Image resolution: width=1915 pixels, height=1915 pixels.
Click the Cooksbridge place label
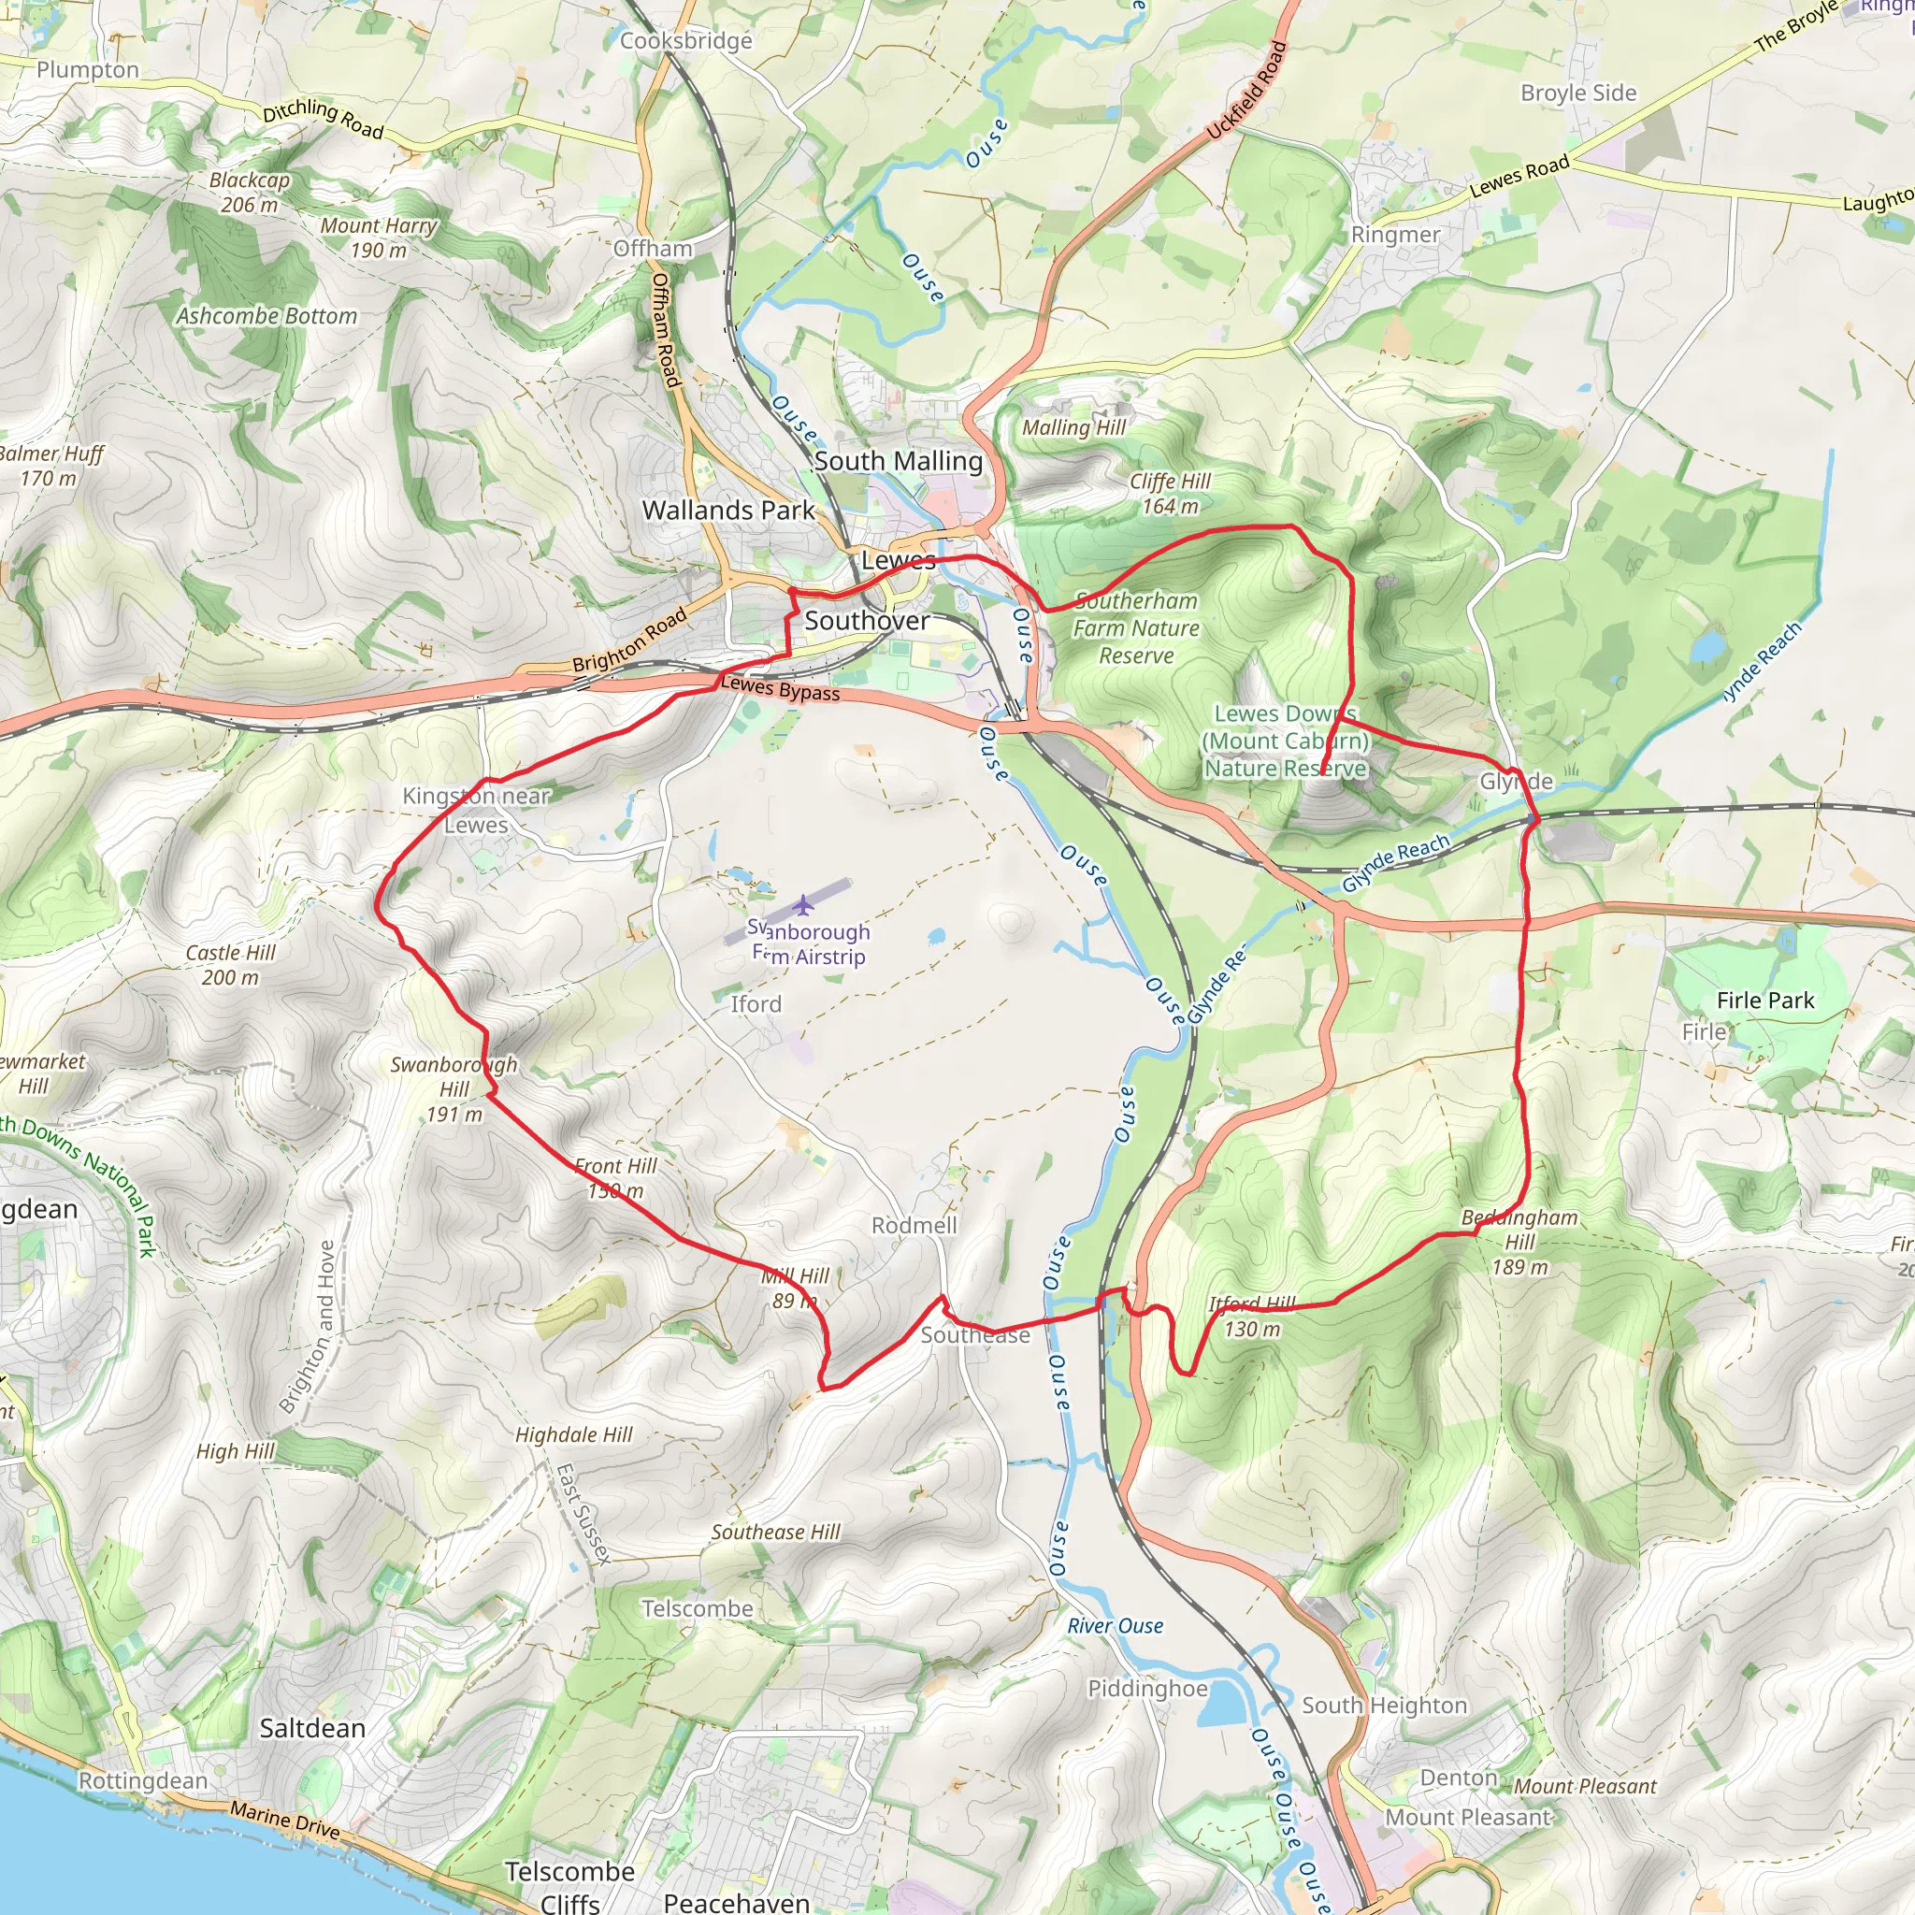686,40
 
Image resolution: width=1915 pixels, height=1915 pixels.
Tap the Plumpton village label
88,69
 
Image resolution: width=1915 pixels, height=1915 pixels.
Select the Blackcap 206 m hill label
249,193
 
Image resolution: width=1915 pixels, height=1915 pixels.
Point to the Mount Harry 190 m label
378,237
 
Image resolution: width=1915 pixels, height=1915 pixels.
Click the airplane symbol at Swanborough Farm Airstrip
803,904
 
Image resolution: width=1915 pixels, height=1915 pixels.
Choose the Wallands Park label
727,511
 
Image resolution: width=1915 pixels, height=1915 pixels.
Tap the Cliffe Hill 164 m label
1170,493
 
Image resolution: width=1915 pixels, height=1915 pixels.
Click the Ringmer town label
1394,235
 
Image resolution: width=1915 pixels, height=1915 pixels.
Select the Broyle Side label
1578,94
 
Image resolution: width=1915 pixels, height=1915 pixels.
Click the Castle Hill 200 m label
230,964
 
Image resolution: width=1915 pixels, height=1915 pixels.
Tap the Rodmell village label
914,1225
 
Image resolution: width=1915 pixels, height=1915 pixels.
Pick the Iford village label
756,1004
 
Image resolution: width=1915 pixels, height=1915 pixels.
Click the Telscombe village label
697,1607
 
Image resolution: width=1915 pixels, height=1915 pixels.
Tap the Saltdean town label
312,1728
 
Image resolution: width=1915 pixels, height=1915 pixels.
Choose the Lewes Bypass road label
780,688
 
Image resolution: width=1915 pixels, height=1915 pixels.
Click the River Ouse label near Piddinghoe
1116,1625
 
